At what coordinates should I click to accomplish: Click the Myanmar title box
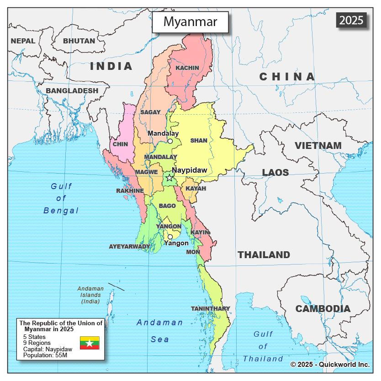pos(190,21)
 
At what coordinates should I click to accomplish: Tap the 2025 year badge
pos(352,20)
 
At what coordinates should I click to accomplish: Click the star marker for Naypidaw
pos(170,178)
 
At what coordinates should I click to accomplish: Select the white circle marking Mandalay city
pos(170,141)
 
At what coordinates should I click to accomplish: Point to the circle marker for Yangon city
pos(170,237)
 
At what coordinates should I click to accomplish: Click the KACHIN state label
pos(187,68)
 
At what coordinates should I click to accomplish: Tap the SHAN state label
pos(199,141)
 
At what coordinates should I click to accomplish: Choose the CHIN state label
pos(120,144)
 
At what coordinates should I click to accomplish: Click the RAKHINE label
pos(130,190)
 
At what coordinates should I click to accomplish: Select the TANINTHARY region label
pos(211,308)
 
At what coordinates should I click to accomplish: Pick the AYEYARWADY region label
pos(129,246)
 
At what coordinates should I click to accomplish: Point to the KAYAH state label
pos(196,188)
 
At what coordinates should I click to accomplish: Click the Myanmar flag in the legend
pos(90,343)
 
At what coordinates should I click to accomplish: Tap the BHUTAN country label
pos(79,41)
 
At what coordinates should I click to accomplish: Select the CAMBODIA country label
pos(323,308)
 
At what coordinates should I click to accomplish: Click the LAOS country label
pos(275,172)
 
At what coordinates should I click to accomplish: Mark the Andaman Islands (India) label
pos(90,295)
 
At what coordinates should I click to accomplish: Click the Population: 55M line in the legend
pos(45,355)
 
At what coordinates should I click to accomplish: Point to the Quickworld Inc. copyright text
pos(330,365)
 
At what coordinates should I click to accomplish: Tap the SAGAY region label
pos(150,112)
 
